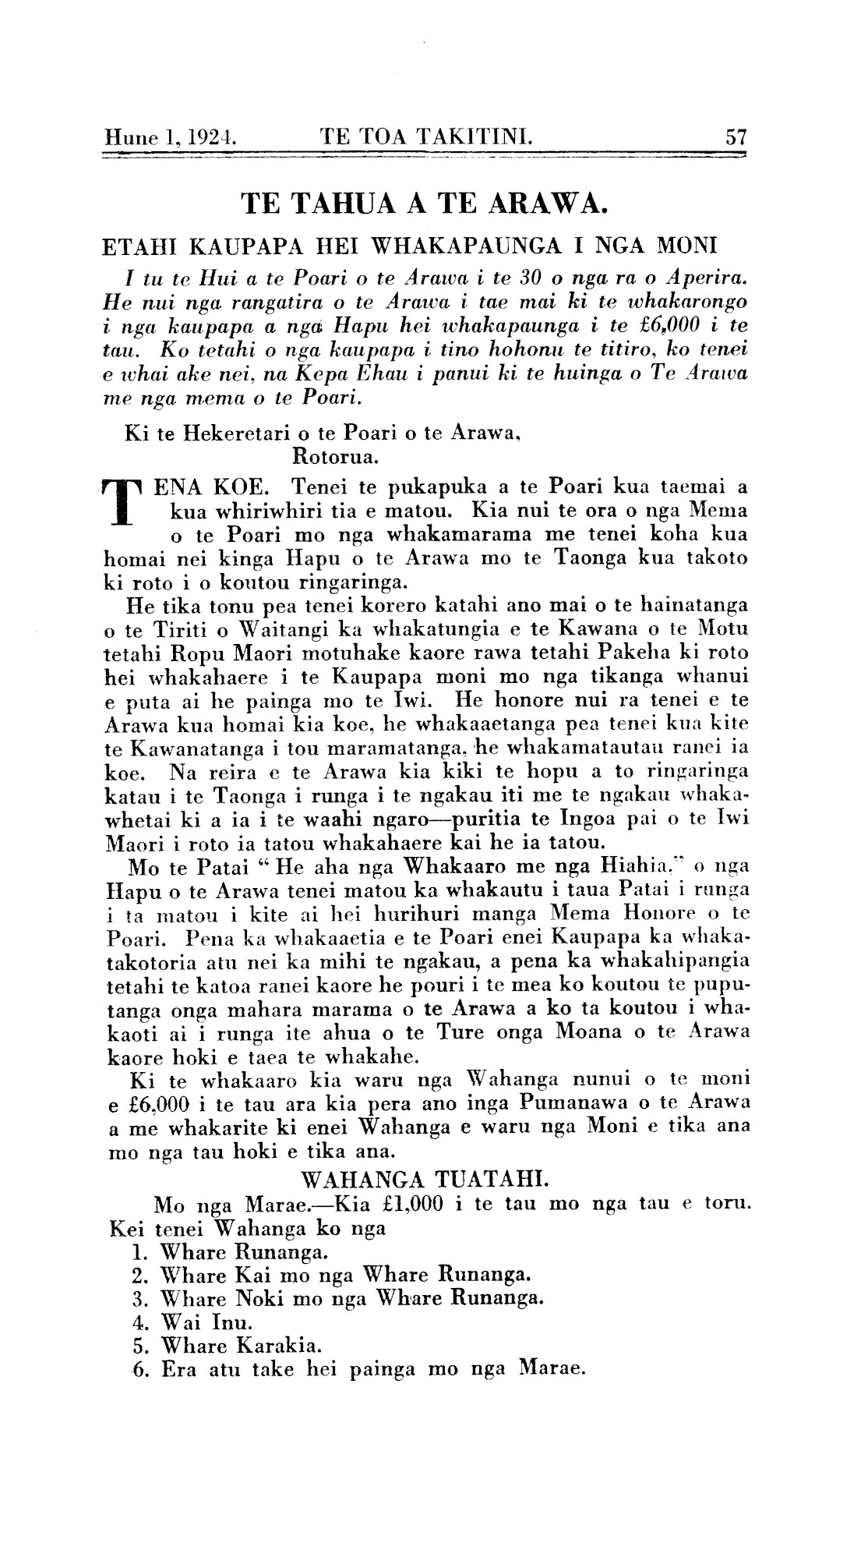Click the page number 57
[x=736, y=138]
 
